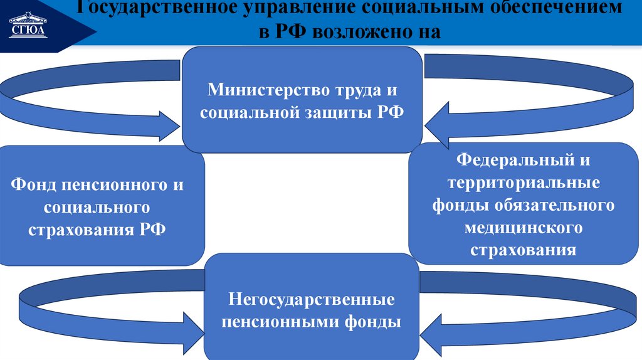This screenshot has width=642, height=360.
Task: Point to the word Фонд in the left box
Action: click(x=34, y=186)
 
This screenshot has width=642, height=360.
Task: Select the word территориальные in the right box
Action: click(x=524, y=183)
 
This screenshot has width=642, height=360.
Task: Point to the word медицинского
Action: click(x=524, y=227)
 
